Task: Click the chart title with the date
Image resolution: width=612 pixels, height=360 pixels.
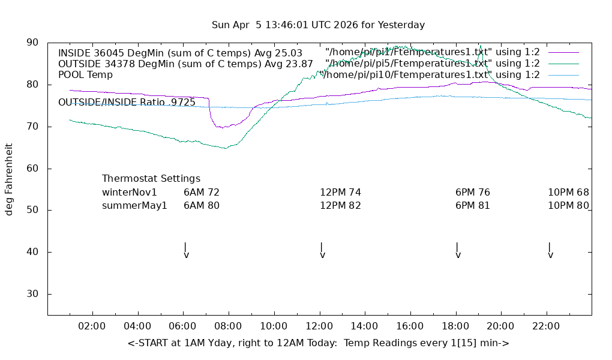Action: (x=318, y=25)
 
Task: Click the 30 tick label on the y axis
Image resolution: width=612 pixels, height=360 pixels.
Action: (x=32, y=294)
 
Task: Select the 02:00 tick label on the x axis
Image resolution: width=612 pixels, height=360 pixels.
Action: (x=92, y=326)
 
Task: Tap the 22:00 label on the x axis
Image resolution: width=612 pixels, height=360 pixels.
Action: (x=546, y=326)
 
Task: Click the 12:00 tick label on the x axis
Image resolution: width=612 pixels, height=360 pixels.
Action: (x=319, y=326)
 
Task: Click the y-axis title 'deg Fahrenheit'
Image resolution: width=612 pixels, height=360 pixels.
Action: (x=9, y=179)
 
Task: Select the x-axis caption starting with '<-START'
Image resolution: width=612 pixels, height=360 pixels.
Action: (x=318, y=343)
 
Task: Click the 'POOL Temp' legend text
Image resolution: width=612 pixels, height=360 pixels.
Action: (x=85, y=75)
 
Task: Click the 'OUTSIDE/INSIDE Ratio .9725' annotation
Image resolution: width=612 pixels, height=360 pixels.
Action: (x=127, y=103)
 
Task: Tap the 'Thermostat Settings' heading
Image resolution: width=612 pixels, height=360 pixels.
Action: (x=151, y=179)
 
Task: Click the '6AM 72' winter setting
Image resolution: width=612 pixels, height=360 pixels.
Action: (x=202, y=193)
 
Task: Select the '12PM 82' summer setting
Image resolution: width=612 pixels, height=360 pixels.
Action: (x=340, y=206)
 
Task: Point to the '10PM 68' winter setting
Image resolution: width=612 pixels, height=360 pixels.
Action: (x=568, y=193)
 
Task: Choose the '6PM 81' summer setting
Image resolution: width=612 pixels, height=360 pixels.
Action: (x=473, y=206)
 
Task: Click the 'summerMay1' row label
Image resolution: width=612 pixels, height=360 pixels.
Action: (x=134, y=206)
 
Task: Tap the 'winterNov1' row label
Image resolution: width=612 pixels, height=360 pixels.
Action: (x=130, y=193)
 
